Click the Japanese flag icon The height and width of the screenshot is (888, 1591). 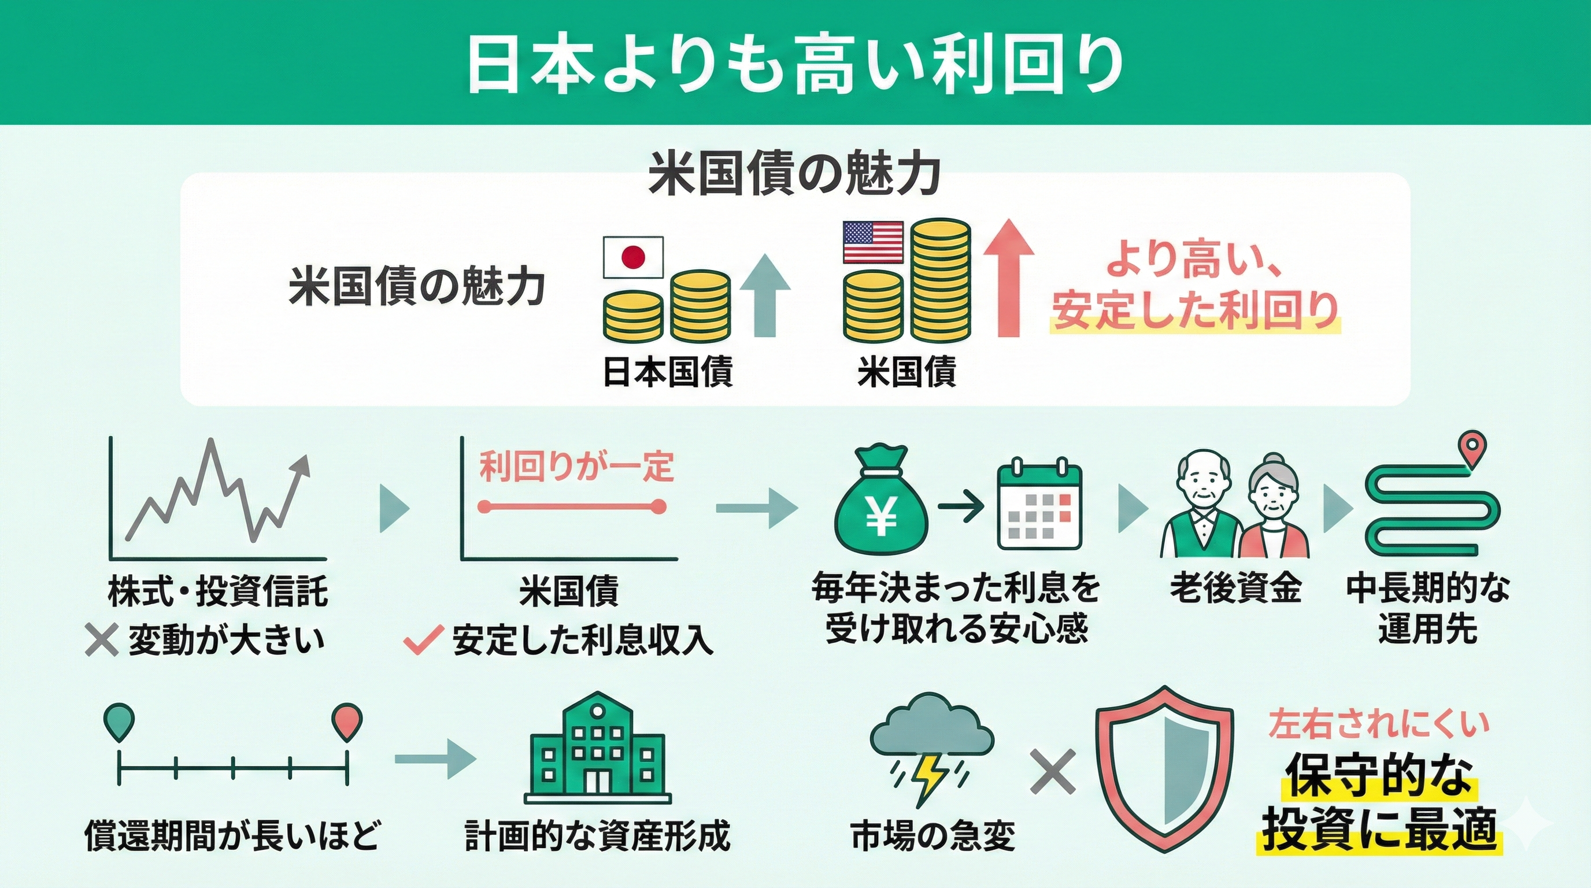click(x=633, y=256)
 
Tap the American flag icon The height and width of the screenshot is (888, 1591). click(x=874, y=242)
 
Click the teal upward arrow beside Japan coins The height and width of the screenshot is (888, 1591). click(x=765, y=295)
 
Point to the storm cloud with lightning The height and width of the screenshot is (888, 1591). click(x=931, y=747)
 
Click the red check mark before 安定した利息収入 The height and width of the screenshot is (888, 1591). click(x=423, y=639)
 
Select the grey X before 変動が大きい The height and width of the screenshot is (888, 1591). click(x=101, y=639)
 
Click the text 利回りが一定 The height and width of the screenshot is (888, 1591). click(x=576, y=466)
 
